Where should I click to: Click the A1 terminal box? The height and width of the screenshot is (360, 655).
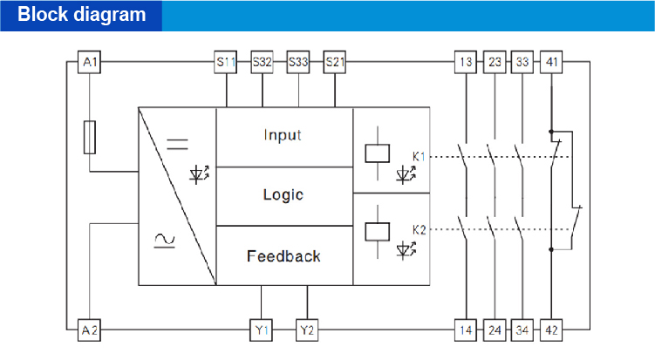pyautogui.click(x=89, y=62)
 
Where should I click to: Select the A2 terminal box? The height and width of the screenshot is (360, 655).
pyautogui.click(x=89, y=330)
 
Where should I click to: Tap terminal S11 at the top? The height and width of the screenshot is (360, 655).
pyautogui.click(x=226, y=62)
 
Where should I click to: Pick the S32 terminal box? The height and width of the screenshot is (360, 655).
pyautogui.click(x=262, y=62)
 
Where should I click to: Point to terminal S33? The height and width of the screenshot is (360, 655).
pyautogui.click(x=298, y=62)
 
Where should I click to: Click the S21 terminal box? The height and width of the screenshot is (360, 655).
pyautogui.click(x=334, y=62)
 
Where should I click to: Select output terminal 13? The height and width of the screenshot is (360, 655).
pyautogui.click(x=466, y=62)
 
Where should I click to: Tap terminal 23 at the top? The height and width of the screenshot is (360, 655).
pyautogui.click(x=495, y=62)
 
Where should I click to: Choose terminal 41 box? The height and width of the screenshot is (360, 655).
pyautogui.click(x=551, y=62)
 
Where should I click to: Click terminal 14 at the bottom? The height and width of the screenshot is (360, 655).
pyautogui.click(x=466, y=330)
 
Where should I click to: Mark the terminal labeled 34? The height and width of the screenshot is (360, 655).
pyautogui.click(x=522, y=330)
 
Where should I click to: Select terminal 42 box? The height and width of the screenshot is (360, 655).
pyautogui.click(x=551, y=330)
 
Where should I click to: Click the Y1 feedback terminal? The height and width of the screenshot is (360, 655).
pyautogui.click(x=262, y=330)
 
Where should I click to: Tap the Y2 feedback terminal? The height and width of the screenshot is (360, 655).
pyautogui.click(x=307, y=330)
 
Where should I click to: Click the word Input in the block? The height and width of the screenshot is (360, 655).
pyautogui.click(x=283, y=135)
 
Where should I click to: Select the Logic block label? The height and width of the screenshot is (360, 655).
pyautogui.click(x=283, y=194)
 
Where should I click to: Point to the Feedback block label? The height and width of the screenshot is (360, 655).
pyautogui.click(x=283, y=256)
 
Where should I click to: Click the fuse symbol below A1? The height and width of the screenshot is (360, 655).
pyautogui.click(x=89, y=137)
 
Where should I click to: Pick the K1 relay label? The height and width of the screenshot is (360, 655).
pyautogui.click(x=419, y=157)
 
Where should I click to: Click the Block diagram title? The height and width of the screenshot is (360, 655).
pyautogui.click(x=82, y=15)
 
